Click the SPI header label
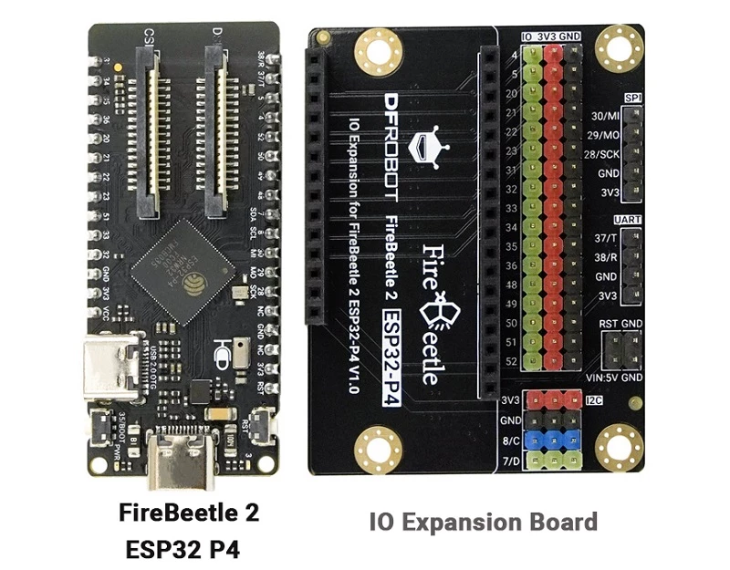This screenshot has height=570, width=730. point(631,98)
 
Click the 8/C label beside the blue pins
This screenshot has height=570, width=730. point(511,441)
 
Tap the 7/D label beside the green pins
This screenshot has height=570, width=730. point(511,461)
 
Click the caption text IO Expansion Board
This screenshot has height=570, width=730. point(484,523)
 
